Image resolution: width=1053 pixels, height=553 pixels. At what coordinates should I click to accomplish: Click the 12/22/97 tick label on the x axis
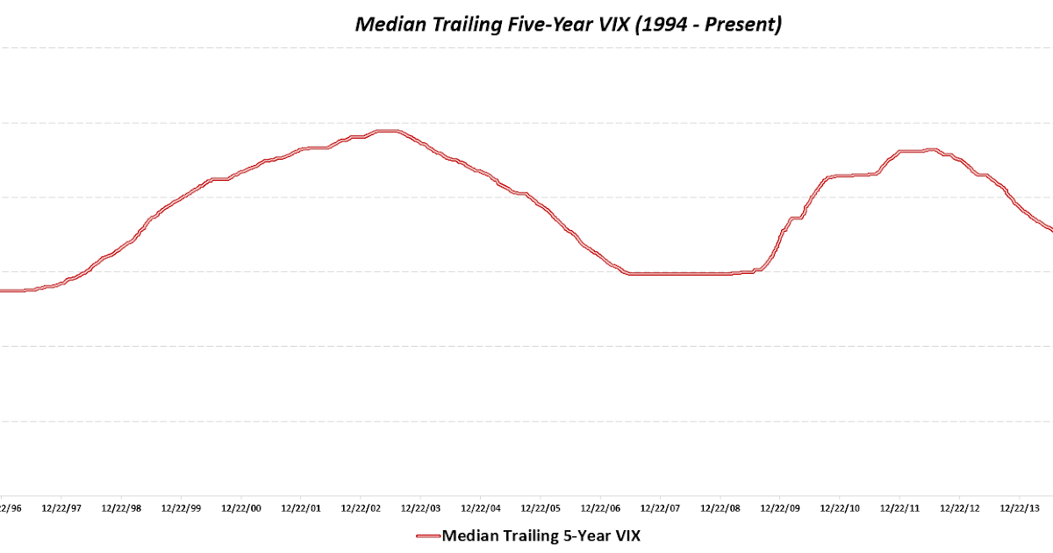tap(64, 508)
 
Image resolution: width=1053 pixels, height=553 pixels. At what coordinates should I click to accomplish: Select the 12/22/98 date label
tap(124, 508)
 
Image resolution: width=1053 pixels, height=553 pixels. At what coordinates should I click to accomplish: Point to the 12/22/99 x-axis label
tap(183, 508)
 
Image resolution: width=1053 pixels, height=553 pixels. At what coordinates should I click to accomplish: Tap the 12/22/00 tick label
tap(243, 508)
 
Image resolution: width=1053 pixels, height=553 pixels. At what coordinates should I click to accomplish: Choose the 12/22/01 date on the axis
tap(303, 508)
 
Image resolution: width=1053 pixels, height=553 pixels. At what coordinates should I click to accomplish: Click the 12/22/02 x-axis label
tap(362, 508)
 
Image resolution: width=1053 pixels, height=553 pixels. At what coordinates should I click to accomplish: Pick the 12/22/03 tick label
tap(421, 508)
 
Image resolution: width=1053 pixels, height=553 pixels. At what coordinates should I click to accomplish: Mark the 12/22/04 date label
tap(481, 508)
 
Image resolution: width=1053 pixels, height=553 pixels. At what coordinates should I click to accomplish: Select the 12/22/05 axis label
tap(541, 508)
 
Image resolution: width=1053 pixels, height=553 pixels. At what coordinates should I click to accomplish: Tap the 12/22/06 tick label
tap(600, 508)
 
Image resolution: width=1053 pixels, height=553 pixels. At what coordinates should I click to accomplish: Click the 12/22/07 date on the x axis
tap(660, 508)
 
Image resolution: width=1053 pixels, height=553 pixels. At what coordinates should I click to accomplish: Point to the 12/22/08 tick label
tap(720, 508)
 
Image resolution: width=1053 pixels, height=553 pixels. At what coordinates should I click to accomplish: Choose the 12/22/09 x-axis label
tap(779, 508)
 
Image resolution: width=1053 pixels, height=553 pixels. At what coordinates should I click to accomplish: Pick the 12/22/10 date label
tap(839, 508)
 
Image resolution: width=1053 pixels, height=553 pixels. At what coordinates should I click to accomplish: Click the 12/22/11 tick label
tap(899, 508)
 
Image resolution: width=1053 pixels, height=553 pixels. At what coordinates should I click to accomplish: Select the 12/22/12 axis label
tap(958, 508)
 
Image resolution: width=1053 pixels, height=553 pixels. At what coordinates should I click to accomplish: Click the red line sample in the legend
tap(426, 535)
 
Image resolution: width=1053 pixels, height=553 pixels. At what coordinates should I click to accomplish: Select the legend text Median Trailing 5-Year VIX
tap(541, 535)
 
